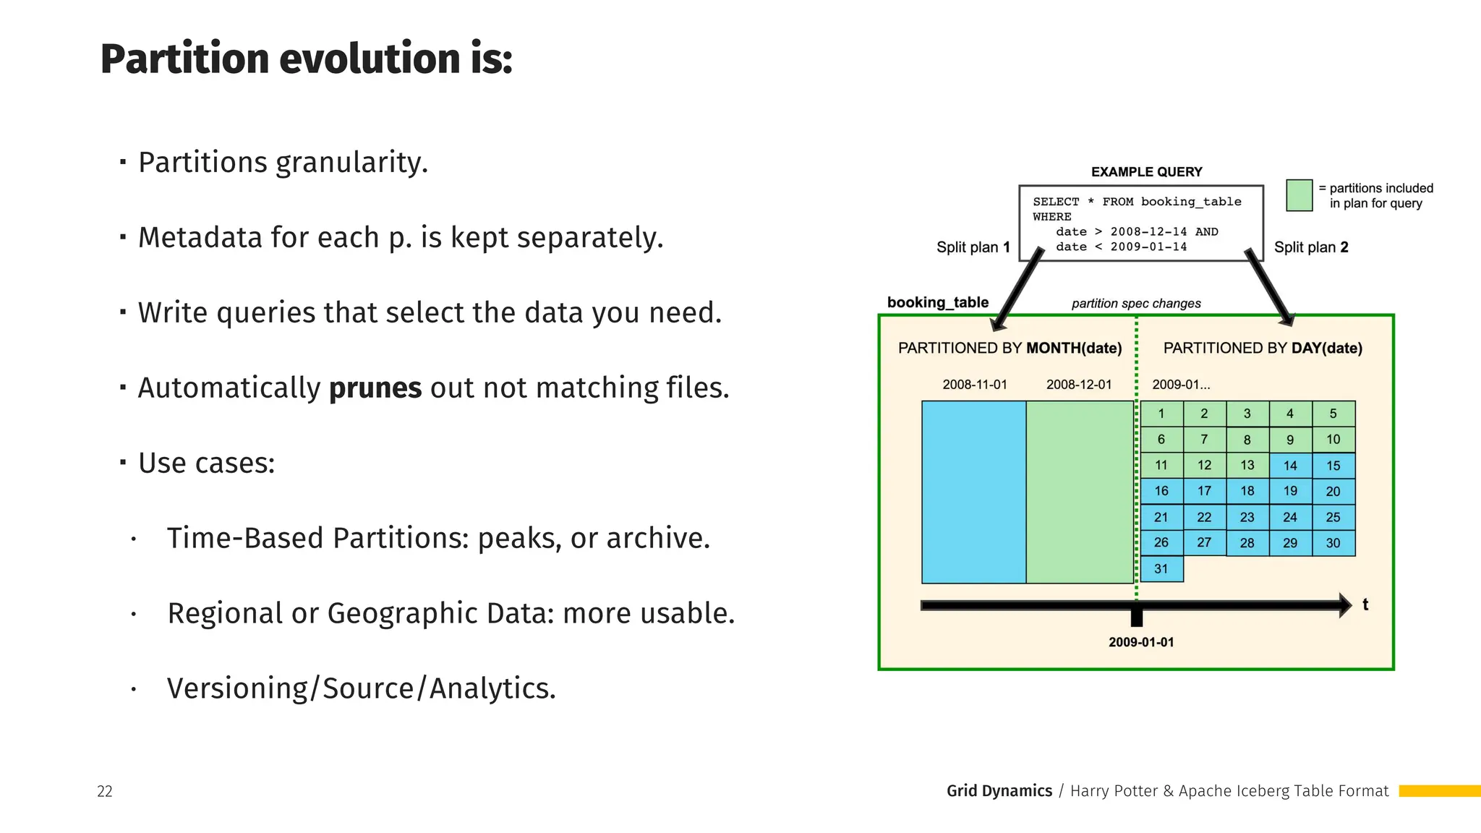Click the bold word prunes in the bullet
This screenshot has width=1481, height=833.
375,388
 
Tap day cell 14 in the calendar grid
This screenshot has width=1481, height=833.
1290,466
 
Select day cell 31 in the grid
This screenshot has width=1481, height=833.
1161,569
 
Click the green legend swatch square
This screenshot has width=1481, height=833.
1299,195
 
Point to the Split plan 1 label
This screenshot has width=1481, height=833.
973,247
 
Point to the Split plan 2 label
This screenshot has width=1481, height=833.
1310,247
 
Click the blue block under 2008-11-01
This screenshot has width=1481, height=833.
973,492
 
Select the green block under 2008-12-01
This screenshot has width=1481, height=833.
1079,492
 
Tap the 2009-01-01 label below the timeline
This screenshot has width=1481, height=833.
1141,642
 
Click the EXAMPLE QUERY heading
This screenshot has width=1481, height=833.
1146,172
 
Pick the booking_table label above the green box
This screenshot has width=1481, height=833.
937,302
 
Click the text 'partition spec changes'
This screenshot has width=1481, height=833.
1135,304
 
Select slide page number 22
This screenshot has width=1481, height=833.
105,791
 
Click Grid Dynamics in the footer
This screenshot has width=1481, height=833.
999,791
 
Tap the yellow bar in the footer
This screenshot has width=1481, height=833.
1439,791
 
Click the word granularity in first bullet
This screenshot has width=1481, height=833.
351,163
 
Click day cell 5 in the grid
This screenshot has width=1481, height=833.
1333,414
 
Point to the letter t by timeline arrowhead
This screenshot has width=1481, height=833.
1365,605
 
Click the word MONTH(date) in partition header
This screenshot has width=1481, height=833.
1074,349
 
